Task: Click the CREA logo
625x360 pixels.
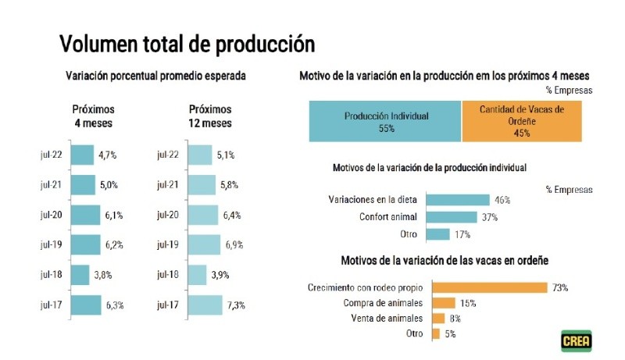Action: tap(576, 341)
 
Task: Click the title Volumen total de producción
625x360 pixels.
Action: tap(187, 42)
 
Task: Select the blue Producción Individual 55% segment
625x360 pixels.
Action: tap(386, 122)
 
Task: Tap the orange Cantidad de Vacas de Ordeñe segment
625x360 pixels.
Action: tap(522, 122)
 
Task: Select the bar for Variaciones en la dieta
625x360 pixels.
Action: tap(458, 200)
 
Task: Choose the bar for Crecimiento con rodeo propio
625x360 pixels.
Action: tap(489, 287)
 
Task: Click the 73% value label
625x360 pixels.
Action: tap(559, 287)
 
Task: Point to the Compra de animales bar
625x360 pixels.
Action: tap(443, 302)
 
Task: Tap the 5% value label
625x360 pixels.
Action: tap(450, 333)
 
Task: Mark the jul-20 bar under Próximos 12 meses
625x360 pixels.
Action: tap(203, 215)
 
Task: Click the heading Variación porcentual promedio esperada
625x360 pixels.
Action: tap(155, 77)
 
